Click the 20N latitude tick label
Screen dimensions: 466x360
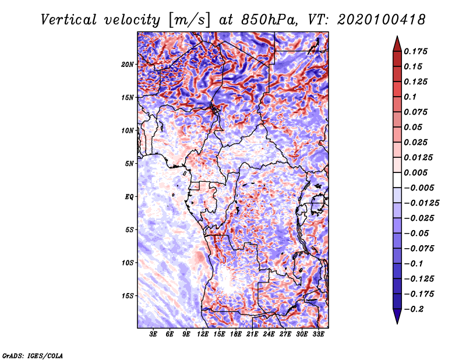click(x=128, y=65)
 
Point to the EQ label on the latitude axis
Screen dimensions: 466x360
click(x=129, y=197)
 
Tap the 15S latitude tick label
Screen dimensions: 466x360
click(x=128, y=296)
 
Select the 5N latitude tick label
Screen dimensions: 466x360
click(x=129, y=164)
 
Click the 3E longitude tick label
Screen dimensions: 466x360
click(x=153, y=334)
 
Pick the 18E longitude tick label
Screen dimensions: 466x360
click(x=236, y=334)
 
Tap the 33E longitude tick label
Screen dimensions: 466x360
click(x=318, y=334)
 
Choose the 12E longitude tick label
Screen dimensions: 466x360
click(x=203, y=334)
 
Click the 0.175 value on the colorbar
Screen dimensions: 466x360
click(x=415, y=51)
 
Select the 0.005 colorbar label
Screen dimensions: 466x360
click(x=415, y=172)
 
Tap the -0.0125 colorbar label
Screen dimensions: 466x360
click(x=421, y=203)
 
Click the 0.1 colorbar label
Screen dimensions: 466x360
click(x=410, y=97)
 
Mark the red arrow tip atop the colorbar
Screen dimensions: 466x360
click(x=397, y=36)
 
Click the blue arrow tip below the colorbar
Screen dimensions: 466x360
click(x=397, y=324)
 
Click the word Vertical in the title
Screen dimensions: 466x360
click(x=69, y=20)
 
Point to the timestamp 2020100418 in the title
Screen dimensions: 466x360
click(x=382, y=20)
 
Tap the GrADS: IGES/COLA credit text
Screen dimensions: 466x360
click(x=33, y=356)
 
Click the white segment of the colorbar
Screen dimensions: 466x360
click(x=397, y=180)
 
